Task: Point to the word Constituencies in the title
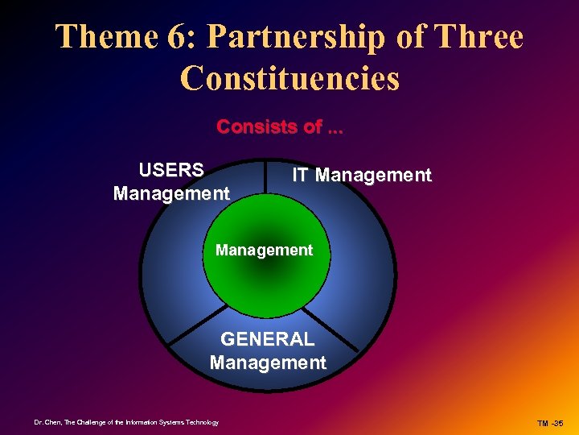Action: click(289, 78)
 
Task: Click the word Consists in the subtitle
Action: click(253, 127)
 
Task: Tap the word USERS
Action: click(171, 170)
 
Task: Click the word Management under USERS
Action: click(171, 193)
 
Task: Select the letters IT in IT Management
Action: click(301, 175)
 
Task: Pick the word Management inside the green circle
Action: click(264, 251)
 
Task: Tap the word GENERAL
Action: click(268, 339)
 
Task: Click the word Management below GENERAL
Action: click(268, 362)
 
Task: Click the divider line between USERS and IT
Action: click(266, 176)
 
